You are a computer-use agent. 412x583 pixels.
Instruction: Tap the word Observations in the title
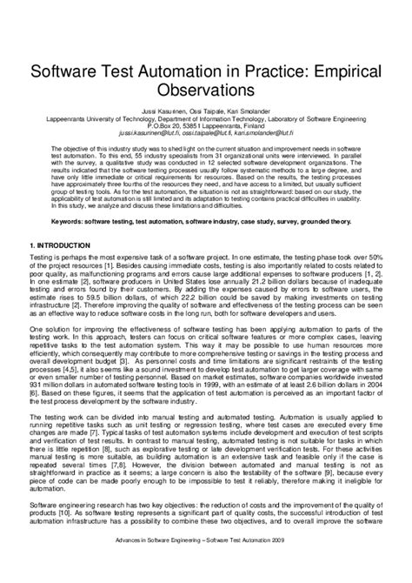coord(206,90)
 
